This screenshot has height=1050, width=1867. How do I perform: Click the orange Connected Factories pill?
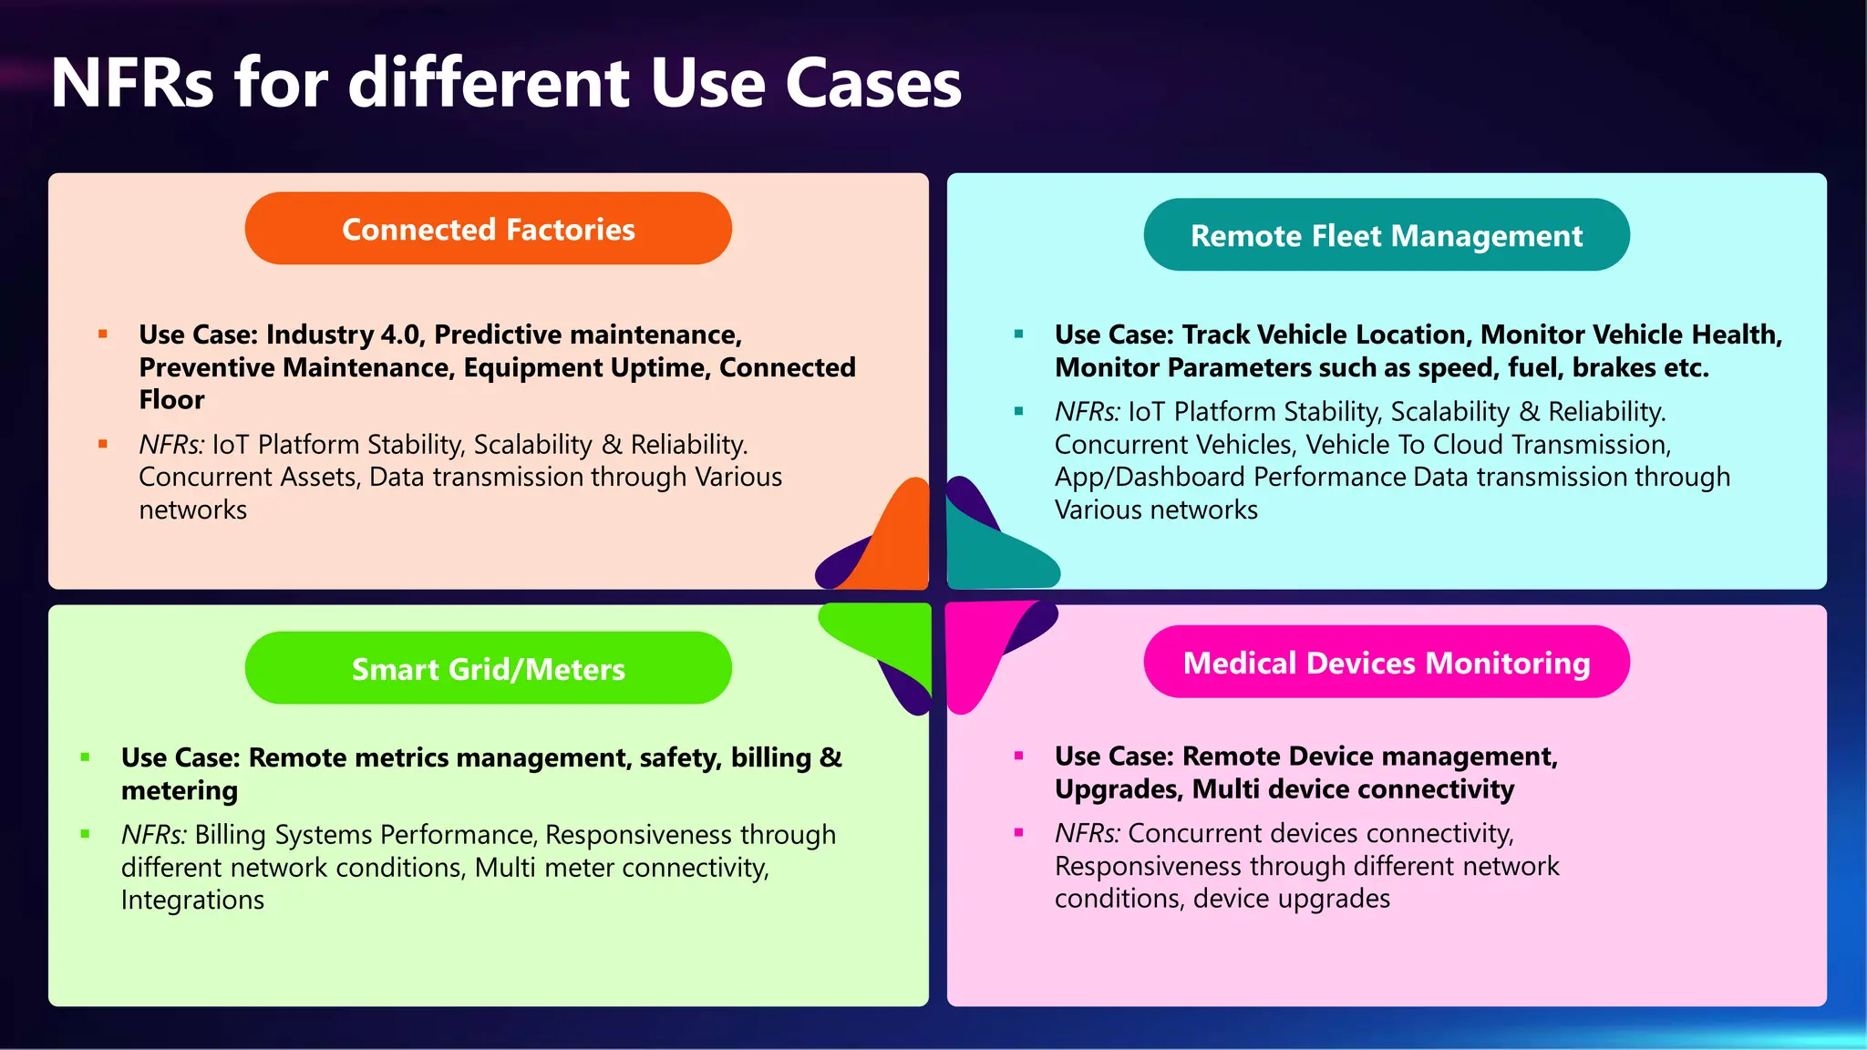[488, 229]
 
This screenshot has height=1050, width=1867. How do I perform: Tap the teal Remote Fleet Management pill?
[1386, 235]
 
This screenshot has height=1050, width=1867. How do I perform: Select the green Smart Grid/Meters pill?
[488, 668]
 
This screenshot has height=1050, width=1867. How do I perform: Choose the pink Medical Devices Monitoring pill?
[1386, 662]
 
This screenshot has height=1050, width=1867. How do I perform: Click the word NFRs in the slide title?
[132, 83]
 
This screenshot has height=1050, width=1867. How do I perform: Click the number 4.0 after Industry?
[400, 335]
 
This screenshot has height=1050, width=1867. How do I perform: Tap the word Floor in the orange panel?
[171, 399]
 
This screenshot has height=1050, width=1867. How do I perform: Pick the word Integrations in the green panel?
[192, 900]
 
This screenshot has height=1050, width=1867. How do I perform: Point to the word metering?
[180, 790]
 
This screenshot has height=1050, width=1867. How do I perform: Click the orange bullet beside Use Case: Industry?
[103, 335]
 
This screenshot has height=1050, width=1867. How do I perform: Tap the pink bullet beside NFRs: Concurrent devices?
[1018, 832]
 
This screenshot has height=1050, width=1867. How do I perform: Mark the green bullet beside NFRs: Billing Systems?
[86, 834]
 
